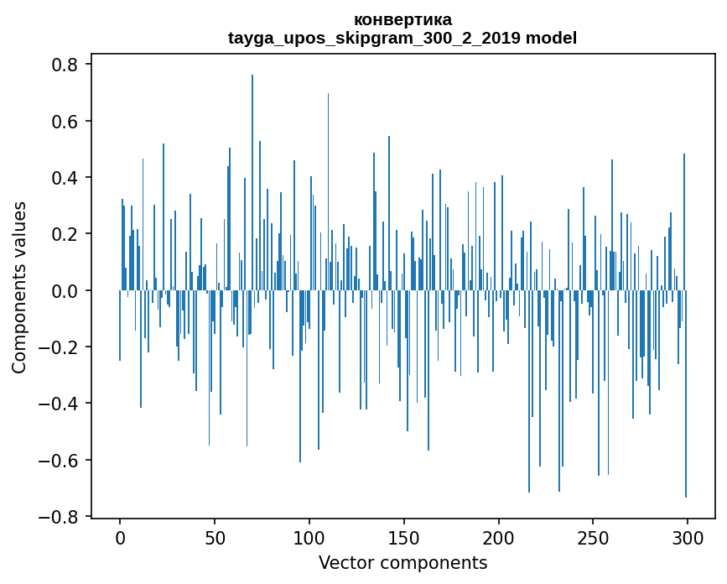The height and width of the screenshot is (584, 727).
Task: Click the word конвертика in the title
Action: pos(402,19)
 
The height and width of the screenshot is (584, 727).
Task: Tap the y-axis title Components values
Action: pos(19,287)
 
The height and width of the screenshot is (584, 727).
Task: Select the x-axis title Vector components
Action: pos(402,562)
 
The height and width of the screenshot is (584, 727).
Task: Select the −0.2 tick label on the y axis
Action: pos(60,347)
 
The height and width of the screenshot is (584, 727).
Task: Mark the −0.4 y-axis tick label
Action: pos(60,404)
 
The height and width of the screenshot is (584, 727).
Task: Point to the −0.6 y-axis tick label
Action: pos(60,460)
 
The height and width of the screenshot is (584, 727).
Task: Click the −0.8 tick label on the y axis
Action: pos(60,517)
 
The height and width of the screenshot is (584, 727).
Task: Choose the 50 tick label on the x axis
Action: pos(215,537)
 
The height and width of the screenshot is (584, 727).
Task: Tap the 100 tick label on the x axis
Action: pos(309,537)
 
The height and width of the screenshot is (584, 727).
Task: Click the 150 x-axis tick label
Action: pos(404,537)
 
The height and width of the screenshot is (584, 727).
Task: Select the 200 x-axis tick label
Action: pos(499,537)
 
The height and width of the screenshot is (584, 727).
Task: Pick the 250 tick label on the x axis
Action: pos(593,537)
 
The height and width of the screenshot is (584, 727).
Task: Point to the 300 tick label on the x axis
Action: pos(688,537)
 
